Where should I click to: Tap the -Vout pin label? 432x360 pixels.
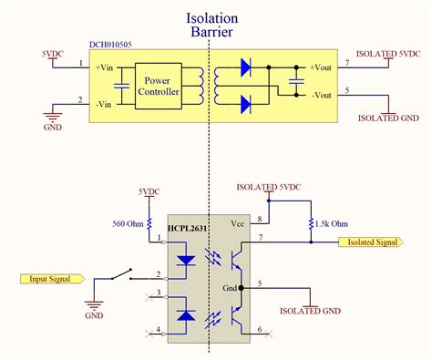(320, 95)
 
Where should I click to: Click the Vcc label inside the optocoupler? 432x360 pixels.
(237, 222)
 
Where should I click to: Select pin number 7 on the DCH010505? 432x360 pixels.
(346, 63)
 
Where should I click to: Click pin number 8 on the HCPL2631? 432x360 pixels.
(261, 218)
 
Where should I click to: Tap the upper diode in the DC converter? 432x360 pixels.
(245, 67)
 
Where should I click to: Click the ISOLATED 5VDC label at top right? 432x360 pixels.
(390, 54)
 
